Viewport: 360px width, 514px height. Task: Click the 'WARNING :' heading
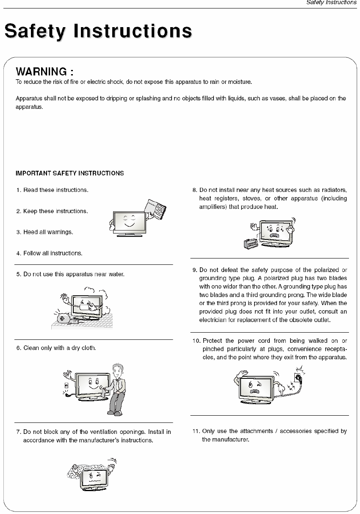[45, 71]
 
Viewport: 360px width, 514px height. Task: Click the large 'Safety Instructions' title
[98, 32]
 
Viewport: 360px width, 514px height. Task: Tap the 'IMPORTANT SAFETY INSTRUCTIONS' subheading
[70, 173]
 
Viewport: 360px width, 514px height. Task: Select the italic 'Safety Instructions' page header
[332, 3]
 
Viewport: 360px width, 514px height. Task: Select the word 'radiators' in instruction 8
[335, 190]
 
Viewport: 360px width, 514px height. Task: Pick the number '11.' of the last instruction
[196, 431]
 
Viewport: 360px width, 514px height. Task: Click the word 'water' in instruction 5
[116, 274]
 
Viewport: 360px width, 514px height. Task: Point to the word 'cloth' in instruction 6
[88, 348]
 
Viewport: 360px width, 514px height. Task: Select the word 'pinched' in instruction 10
[213, 349]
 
